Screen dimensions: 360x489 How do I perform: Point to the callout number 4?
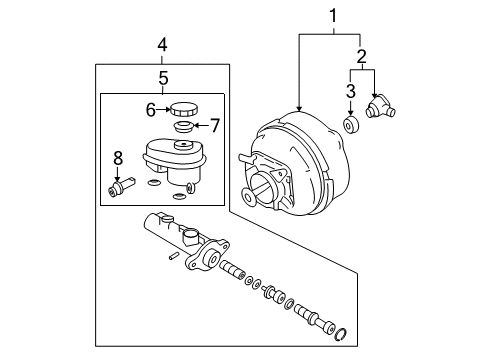pos(162,44)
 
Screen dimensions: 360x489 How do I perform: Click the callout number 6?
pos(151,109)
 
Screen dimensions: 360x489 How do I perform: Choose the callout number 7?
pos(213,125)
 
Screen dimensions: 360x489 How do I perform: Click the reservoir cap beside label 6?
pos(183,109)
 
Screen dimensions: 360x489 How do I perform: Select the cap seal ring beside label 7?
pos(183,127)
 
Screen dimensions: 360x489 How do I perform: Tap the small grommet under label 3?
pos(352,125)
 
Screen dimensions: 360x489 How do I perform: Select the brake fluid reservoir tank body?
pos(172,162)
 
